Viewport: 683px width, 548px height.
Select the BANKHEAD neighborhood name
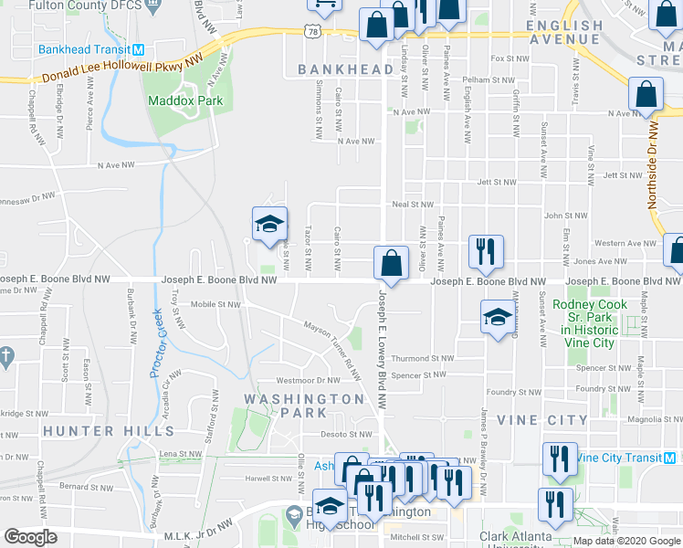344,70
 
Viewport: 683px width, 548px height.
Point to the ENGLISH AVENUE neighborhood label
577,32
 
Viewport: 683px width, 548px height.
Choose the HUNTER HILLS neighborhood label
95,430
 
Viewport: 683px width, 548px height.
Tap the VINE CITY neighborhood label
543,419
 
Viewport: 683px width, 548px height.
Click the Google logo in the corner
30,537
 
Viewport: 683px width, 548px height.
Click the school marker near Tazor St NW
269,224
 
